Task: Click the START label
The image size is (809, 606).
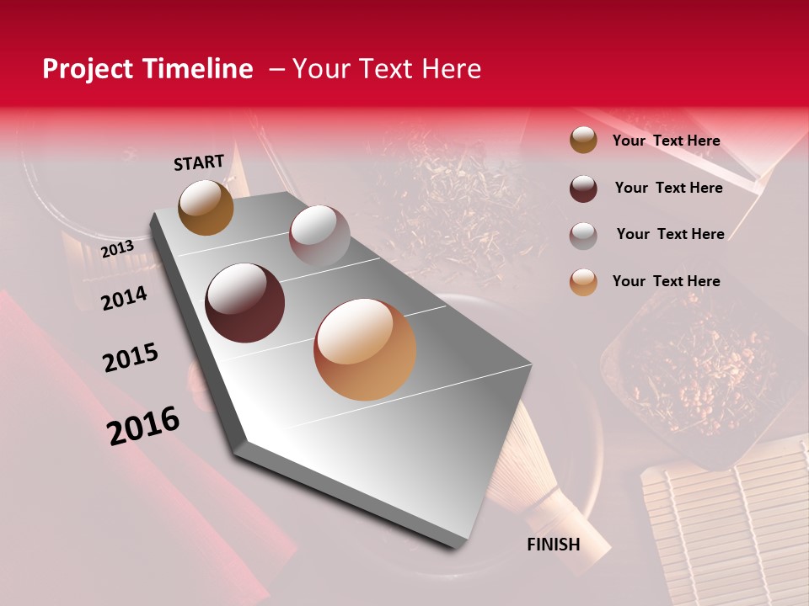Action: pos(199,162)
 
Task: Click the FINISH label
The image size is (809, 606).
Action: pos(554,545)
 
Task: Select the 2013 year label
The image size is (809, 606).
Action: pos(117,249)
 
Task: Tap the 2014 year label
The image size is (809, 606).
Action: pos(124,298)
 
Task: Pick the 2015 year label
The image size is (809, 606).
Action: pos(131,358)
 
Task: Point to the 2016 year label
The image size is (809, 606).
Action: pos(143,426)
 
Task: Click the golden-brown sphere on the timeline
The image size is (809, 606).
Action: pos(206,207)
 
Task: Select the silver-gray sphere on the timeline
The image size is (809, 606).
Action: pos(319,236)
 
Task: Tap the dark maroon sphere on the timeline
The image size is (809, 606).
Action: pos(245,303)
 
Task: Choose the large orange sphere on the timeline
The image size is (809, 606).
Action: pos(365,349)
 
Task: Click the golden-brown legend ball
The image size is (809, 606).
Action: pos(583,141)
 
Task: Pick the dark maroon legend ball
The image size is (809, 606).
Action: pos(583,189)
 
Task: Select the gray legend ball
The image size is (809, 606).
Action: pos(583,235)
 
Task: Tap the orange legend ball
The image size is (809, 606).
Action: pos(583,282)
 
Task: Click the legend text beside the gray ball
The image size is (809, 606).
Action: pos(670,234)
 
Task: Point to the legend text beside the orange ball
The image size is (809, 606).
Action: pos(667,281)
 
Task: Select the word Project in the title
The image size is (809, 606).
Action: pos(88,69)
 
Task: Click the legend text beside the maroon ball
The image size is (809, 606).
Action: pos(668,188)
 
